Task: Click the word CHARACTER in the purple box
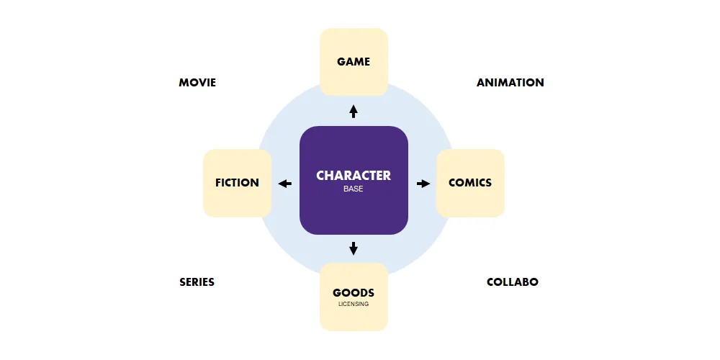tap(354, 175)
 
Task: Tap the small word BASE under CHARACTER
tap(354, 189)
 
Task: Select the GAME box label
tap(354, 62)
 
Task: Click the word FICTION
tap(237, 183)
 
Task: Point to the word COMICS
tap(470, 183)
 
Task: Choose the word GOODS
tap(354, 293)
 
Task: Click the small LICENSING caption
tap(354, 304)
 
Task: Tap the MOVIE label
tap(197, 83)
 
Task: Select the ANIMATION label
tap(510, 83)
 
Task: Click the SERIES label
tap(197, 282)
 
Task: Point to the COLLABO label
tap(512, 282)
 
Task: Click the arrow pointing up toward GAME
tap(354, 112)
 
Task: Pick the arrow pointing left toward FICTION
tap(285, 184)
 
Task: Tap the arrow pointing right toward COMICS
tap(423, 184)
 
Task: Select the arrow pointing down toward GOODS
tap(354, 248)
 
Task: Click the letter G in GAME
tap(341, 62)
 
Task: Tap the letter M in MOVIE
tap(184, 83)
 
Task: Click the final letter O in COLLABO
tap(534, 282)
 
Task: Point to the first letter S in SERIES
tap(183, 282)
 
